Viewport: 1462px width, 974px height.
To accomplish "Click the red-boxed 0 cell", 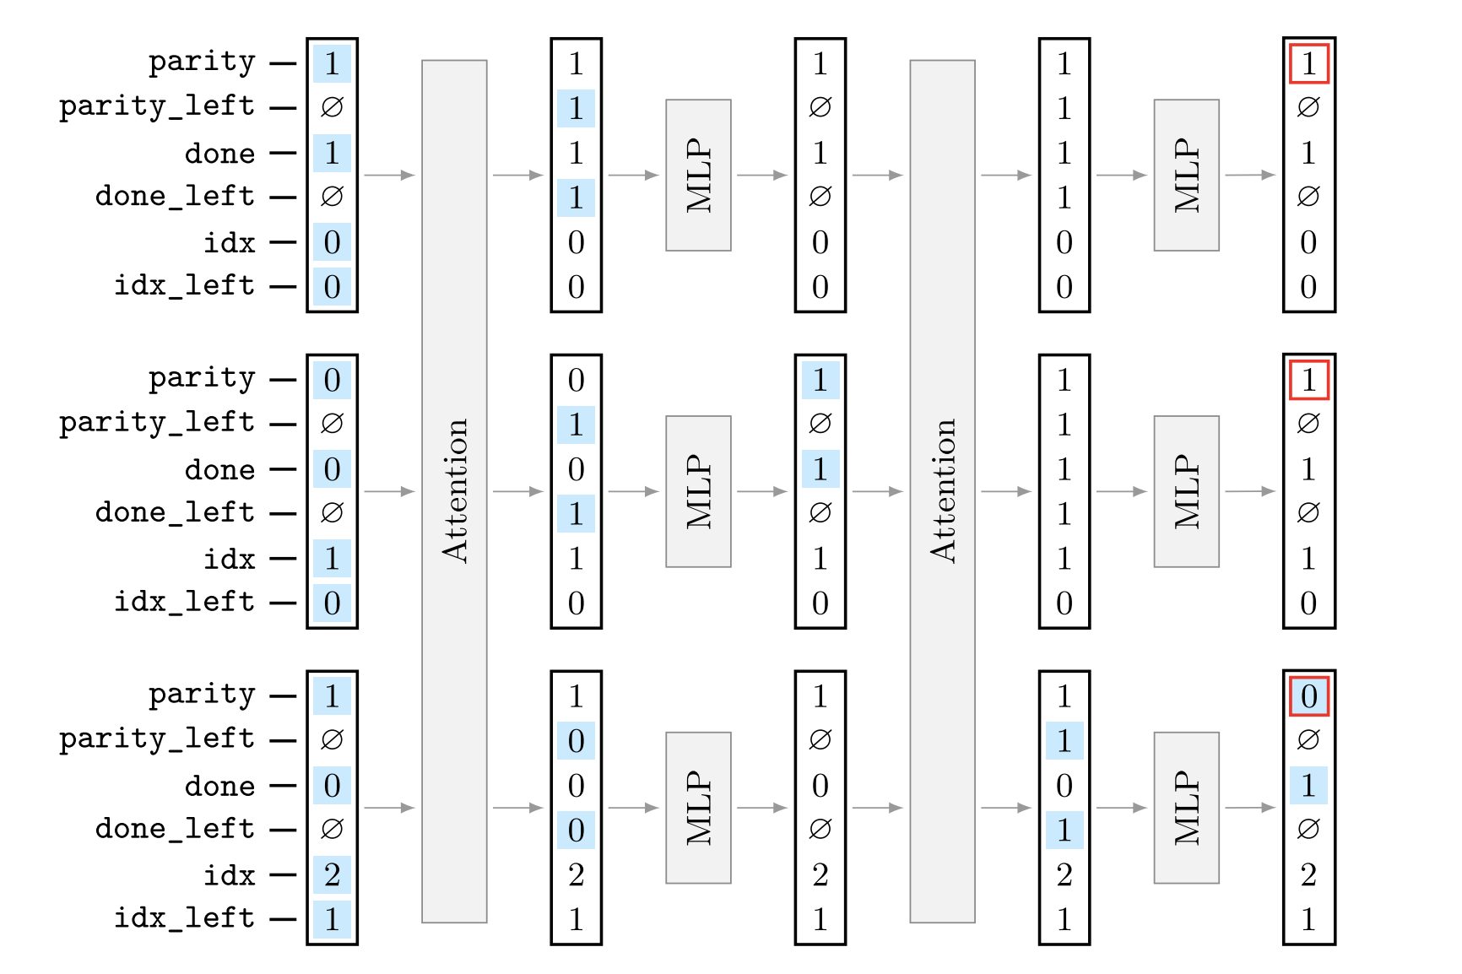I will pos(1308,696).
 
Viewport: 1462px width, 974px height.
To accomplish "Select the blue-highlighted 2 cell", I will pos(332,874).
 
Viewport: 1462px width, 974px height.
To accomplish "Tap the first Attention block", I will pos(454,490).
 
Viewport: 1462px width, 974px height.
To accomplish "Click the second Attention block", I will pos(942,490).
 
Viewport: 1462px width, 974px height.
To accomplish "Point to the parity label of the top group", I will pos(202,62).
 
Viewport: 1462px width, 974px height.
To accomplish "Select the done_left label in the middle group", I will pos(175,512).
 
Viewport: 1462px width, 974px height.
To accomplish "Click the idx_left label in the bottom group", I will pos(184,917).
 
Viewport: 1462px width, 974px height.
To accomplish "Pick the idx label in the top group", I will pos(229,243).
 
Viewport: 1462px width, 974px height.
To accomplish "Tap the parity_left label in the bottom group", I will pos(157,739).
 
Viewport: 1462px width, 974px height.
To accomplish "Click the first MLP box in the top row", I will pos(698,175).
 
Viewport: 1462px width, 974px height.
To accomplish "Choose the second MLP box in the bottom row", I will pos(1186,807).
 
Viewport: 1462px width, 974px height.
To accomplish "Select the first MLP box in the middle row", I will pos(698,490).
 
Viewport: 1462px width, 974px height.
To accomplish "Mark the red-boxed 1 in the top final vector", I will pos(1308,64).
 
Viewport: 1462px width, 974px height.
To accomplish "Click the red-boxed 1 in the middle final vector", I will pos(1308,380).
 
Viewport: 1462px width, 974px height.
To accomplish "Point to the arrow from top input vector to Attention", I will pos(389,175).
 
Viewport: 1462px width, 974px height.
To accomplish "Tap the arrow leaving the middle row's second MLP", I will pos(1249,490).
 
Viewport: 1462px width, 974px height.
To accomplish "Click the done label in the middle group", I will pos(219,470).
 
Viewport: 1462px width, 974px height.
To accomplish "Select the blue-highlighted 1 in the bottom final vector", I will pos(1308,786).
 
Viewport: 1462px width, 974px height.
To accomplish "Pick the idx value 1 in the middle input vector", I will pos(332,558).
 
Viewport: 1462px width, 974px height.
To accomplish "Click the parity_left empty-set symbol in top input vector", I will pos(332,107).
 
